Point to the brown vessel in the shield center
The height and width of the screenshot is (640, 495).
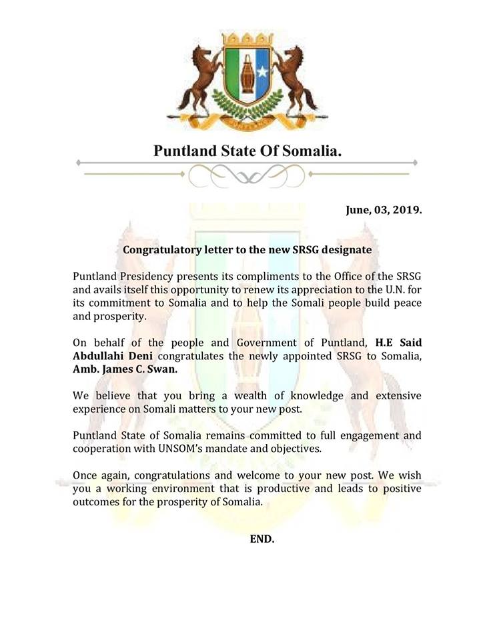pos(246,74)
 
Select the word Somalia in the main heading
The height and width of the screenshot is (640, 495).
pos(308,150)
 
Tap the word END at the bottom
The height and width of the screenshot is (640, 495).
pos(262,538)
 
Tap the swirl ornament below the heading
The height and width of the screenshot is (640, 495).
pos(247,175)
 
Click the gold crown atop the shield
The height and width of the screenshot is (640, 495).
pos(247,37)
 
